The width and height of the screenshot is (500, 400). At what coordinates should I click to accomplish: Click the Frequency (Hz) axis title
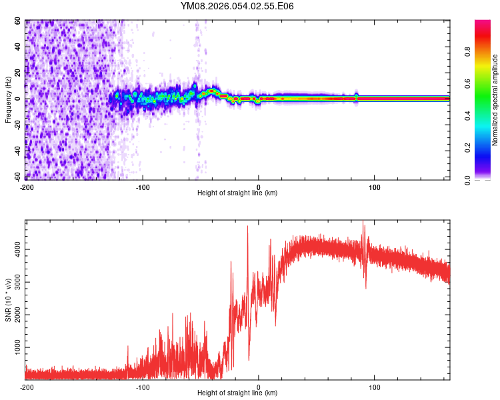[8, 100]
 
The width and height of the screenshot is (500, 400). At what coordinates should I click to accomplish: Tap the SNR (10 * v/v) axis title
[8, 301]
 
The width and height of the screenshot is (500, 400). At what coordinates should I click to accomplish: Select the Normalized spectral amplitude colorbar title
[495, 100]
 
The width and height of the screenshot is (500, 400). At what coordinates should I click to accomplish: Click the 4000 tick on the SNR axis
[15, 249]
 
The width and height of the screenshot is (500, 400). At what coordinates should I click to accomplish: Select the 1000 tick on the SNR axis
[15, 347]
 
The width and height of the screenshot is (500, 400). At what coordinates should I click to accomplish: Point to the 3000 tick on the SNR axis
[15, 282]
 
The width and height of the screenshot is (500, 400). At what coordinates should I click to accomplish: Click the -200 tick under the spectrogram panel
[27, 187]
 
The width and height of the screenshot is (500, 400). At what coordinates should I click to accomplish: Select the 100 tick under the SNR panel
[375, 387]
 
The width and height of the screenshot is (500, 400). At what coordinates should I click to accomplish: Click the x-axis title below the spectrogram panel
[237, 193]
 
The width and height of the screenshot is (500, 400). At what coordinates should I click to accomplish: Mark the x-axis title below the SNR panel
[237, 393]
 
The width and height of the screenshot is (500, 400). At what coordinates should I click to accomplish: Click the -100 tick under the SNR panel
[142, 387]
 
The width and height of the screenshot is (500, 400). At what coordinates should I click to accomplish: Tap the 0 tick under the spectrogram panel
[259, 187]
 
